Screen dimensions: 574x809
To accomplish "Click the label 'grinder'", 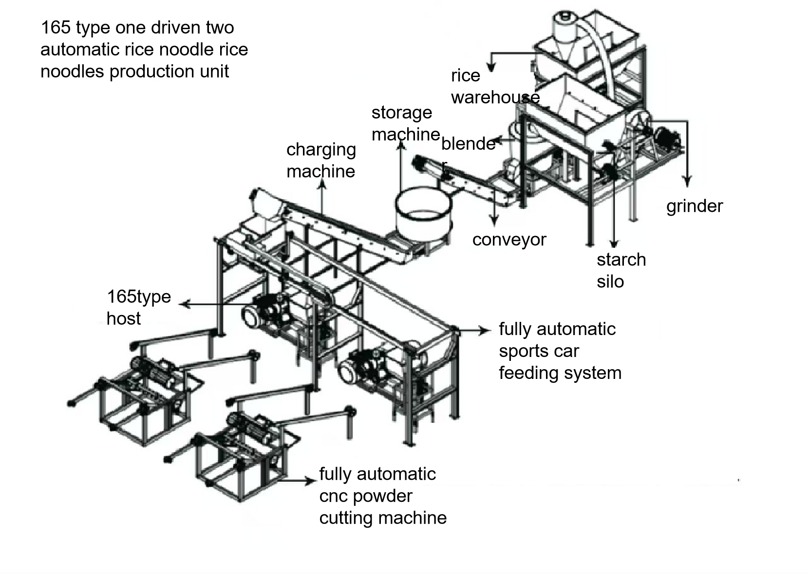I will pos(694,206).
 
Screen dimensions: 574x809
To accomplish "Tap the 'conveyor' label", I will pos(509,239).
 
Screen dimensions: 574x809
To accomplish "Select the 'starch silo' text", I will pos(621,270).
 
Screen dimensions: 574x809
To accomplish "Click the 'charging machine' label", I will pos(321,160).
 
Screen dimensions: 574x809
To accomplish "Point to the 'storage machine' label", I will pos(405,123).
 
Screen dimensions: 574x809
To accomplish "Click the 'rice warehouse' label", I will pos(494,86).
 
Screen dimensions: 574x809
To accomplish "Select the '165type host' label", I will pos(138,307).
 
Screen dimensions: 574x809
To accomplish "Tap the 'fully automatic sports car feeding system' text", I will pos(560,351).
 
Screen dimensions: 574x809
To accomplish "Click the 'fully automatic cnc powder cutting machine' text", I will pos(382,495).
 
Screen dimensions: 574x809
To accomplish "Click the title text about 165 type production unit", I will pos(144,49).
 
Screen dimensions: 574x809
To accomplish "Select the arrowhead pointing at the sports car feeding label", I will pos(485,331).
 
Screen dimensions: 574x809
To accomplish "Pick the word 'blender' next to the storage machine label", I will pos(468,144).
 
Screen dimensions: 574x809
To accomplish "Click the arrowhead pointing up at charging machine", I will pos(322,183).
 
